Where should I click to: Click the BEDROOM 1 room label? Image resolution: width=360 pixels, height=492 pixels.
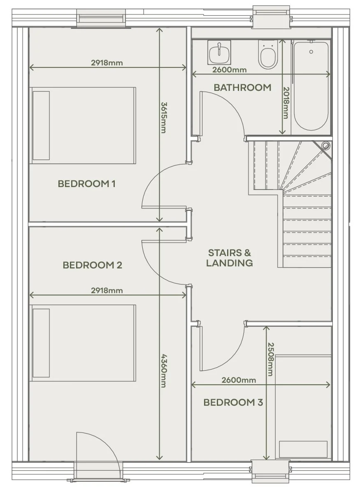[x=87, y=184]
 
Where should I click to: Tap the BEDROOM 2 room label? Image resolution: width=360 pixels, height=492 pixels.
[x=92, y=265]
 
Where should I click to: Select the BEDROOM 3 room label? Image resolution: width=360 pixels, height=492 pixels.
[x=233, y=402]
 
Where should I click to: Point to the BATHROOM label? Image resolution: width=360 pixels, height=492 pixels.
[x=242, y=87]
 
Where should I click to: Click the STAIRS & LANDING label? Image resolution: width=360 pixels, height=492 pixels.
[x=230, y=258]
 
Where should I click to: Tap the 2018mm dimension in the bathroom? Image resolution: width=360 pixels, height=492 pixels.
[x=286, y=103]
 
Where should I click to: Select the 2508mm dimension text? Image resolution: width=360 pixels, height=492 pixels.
[x=270, y=359]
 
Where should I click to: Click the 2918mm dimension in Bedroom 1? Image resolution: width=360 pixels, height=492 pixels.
[x=107, y=63]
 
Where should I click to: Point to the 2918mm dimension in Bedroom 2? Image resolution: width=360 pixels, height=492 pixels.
[x=107, y=291]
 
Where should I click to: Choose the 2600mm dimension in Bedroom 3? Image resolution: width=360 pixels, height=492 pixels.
[x=239, y=380]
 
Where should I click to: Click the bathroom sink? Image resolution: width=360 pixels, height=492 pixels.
[x=219, y=52]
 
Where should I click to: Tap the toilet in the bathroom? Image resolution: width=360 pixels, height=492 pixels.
[x=268, y=54]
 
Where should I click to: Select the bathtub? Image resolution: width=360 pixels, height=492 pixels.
[x=311, y=87]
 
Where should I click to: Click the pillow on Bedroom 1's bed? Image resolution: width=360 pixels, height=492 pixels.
[x=41, y=125]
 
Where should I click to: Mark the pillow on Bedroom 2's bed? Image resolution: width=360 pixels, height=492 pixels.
[x=41, y=343]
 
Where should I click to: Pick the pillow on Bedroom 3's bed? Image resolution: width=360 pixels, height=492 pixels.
[x=303, y=449]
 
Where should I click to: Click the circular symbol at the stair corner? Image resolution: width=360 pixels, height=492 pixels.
[x=326, y=146]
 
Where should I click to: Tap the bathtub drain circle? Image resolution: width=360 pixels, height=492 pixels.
[x=311, y=52]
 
